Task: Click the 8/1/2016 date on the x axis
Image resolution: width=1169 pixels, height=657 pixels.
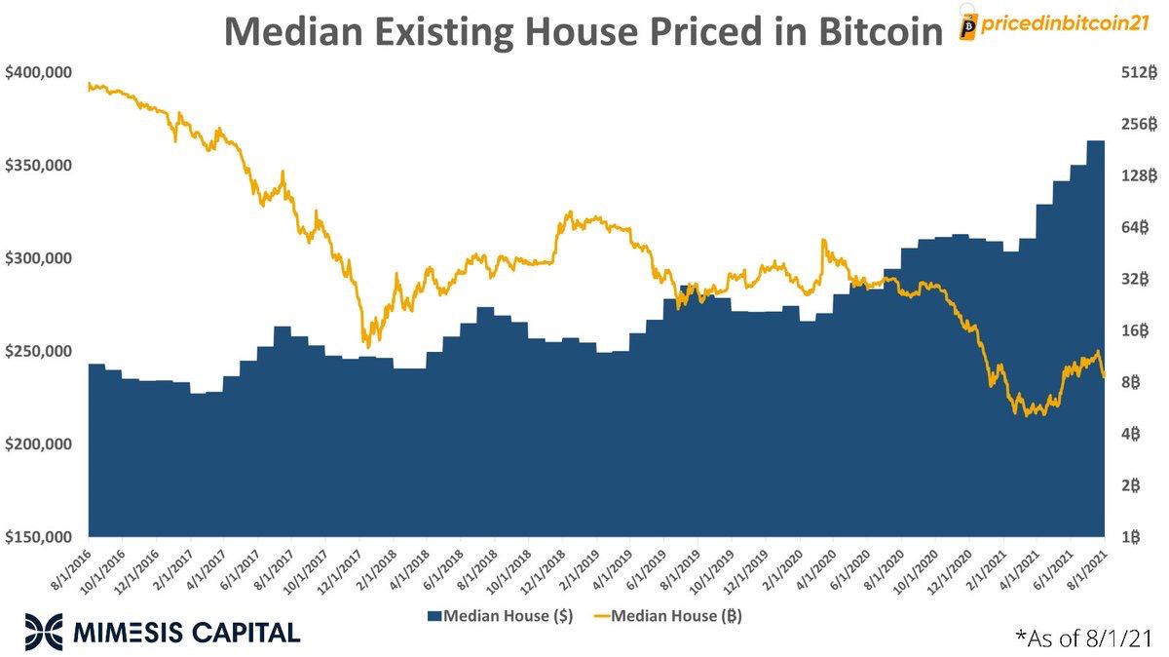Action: tap(70, 567)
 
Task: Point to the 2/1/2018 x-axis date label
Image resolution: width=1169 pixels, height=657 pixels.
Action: tap(375, 567)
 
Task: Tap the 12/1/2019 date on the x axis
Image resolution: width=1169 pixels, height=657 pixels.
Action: tap(747, 567)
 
